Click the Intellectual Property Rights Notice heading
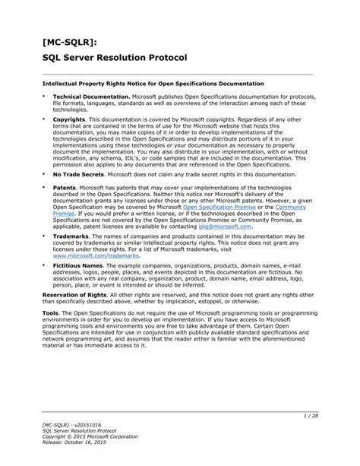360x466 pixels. [153, 83]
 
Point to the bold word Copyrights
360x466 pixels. [69, 119]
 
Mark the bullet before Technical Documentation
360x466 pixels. [43, 97]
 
